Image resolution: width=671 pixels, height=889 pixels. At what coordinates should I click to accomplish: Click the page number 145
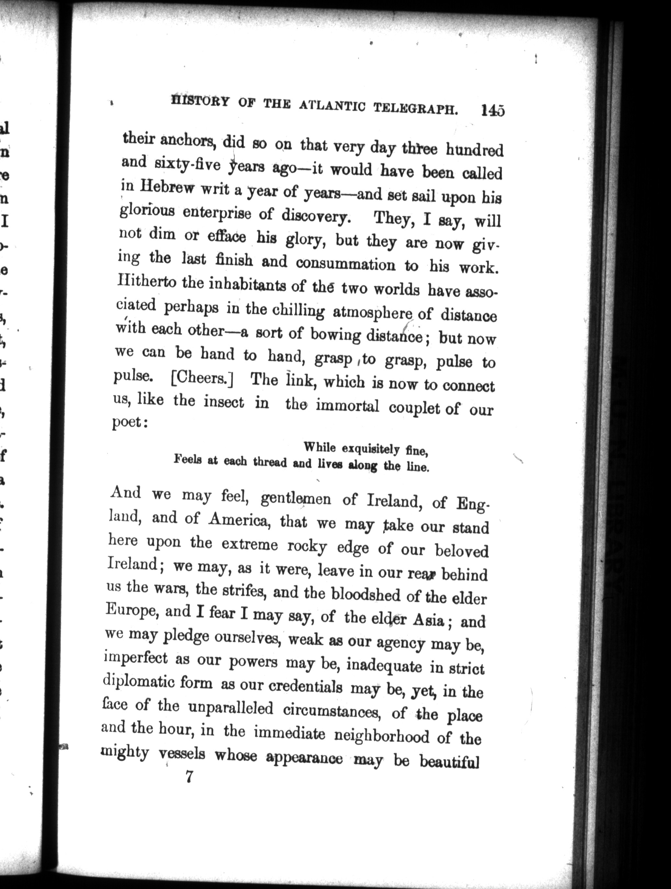coord(492,110)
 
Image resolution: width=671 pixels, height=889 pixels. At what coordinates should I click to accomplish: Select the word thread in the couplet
coord(270,462)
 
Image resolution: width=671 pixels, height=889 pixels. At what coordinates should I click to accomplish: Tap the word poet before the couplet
coord(127,423)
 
